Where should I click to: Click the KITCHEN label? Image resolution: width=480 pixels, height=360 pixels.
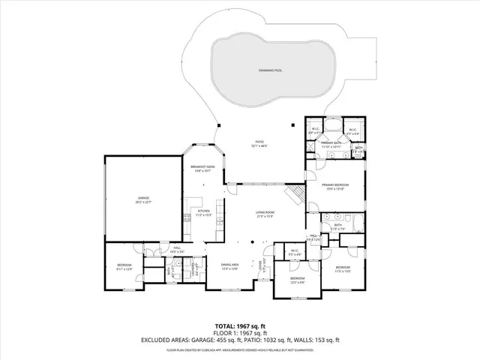(x=204, y=213)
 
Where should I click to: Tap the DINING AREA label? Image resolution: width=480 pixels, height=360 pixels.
(x=229, y=266)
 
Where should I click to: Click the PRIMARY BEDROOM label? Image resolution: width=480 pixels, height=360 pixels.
(x=334, y=187)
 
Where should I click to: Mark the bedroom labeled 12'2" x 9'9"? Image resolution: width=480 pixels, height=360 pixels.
(x=297, y=280)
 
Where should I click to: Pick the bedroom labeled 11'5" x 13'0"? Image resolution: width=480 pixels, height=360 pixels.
(x=343, y=269)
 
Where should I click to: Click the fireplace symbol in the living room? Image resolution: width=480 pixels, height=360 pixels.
(x=299, y=195)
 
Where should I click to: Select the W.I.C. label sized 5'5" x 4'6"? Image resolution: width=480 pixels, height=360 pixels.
(x=295, y=253)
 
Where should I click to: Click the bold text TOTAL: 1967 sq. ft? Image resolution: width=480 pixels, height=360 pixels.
(x=239, y=325)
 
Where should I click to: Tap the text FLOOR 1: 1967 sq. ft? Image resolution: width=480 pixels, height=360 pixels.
(x=239, y=332)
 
